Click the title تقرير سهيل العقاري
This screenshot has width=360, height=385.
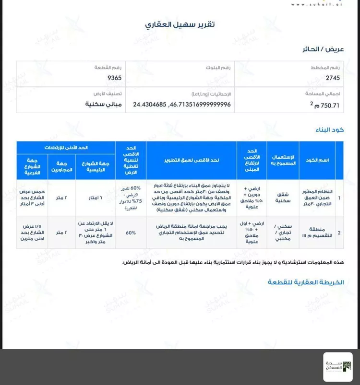pos(180,24)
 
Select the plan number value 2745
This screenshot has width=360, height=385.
pos(333,78)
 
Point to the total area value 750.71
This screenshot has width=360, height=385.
pos(326,105)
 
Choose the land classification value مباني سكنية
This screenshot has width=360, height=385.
pos(104,104)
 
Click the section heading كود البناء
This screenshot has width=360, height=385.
pos(330,130)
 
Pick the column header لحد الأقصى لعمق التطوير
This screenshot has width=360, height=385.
pos(191,160)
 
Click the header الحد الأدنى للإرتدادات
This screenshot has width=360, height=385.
pos(65,148)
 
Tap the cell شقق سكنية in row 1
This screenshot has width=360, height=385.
pos(283,198)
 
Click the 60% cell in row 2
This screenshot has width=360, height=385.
pos(131,233)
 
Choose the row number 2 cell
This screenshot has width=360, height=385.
pos(339,233)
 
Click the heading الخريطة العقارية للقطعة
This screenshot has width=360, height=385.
pos(306,282)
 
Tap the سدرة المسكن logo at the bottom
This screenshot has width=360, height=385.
pos(337,367)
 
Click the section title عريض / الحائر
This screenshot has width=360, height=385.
pos(324,49)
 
